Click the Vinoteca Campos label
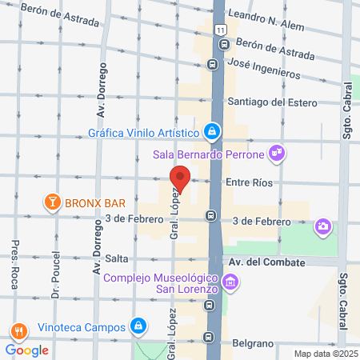[x=82, y=327]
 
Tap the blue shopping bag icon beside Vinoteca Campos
[x=139, y=326]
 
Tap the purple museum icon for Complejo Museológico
[x=230, y=282]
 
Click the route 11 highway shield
[x=220, y=29]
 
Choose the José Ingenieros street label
[x=263, y=68]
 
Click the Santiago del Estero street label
[x=272, y=102]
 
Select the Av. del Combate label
[x=267, y=262]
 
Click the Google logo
[x=26, y=350]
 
